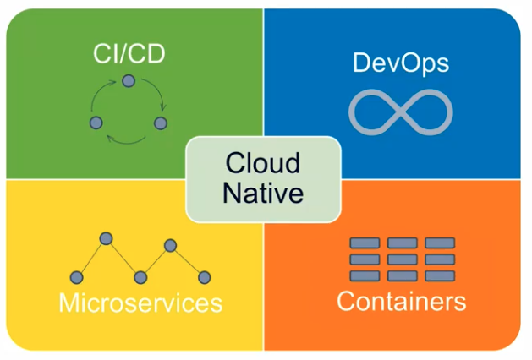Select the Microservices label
point(140,302)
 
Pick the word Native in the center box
point(263,193)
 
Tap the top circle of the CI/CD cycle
point(129,80)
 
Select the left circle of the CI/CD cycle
point(96,123)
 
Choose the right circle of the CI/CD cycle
point(161,123)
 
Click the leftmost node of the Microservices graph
point(75,276)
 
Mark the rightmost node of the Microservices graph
point(204,276)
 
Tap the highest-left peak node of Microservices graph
point(106,238)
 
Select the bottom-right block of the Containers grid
point(440,275)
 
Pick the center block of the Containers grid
point(403,259)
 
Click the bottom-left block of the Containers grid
point(365,275)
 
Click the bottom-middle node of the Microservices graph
point(140,276)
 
